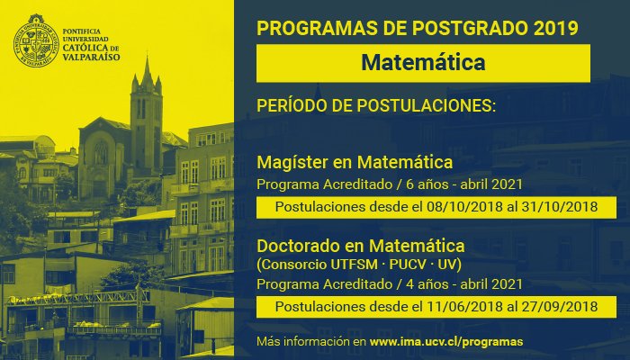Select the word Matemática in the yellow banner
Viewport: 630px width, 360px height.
point(423,63)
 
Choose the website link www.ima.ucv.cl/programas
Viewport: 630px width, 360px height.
point(446,342)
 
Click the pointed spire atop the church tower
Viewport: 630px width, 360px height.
point(147,67)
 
